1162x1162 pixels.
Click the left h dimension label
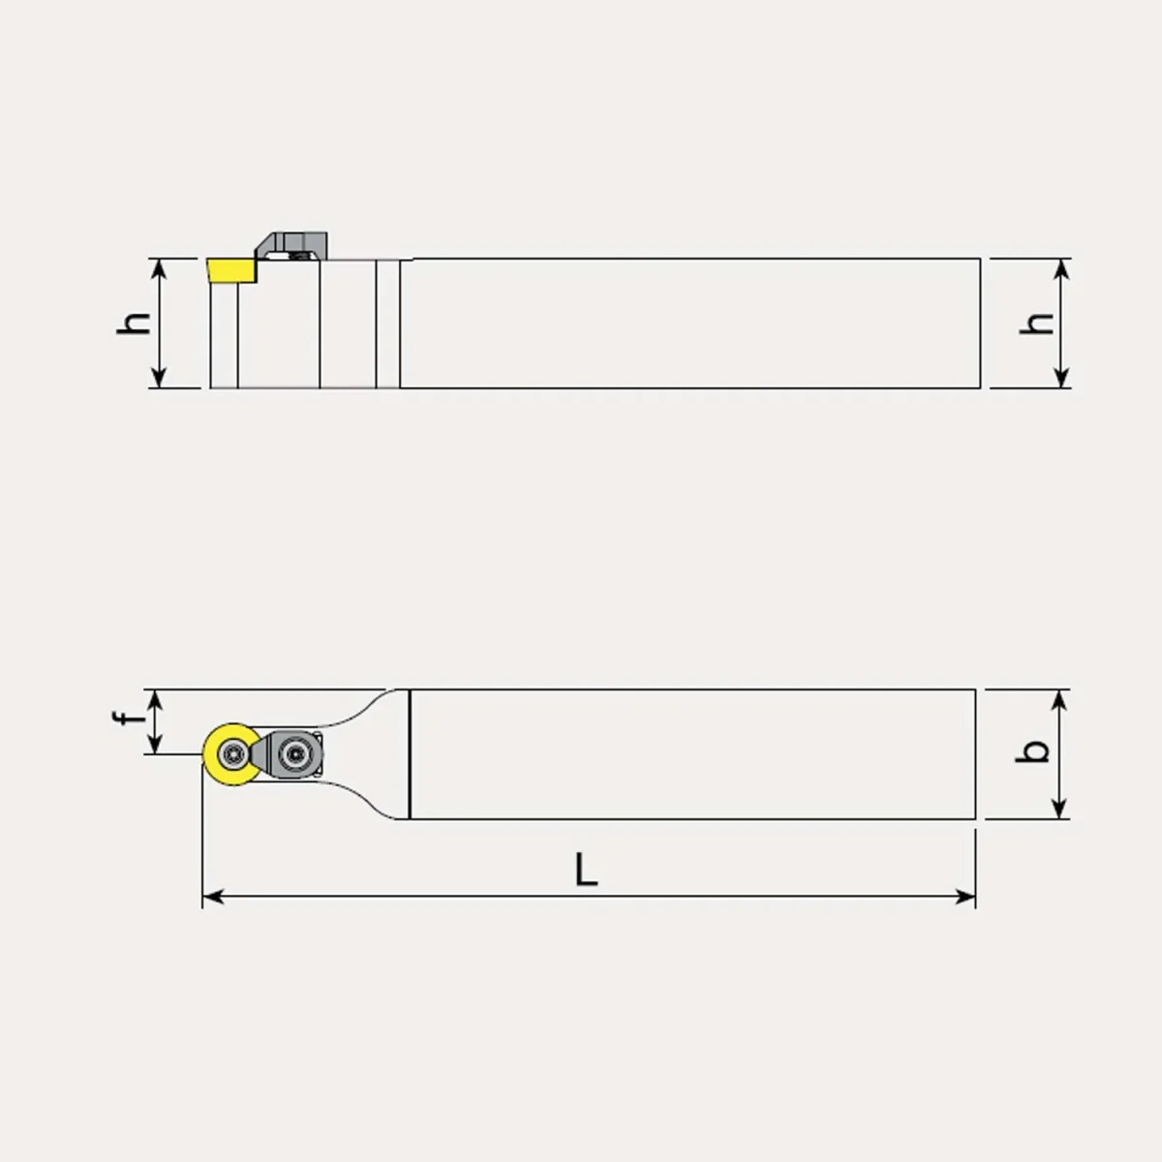click(x=134, y=323)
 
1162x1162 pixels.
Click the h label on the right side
click(x=1036, y=323)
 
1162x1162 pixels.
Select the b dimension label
click(x=1032, y=751)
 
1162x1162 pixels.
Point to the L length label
click(x=586, y=870)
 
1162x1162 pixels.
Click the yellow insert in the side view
click(x=232, y=269)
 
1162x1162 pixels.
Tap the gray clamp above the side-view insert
click(x=292, y=245)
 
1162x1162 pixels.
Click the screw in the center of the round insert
click(x=232, y=753)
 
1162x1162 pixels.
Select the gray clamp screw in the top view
click(x=295, y=753)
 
